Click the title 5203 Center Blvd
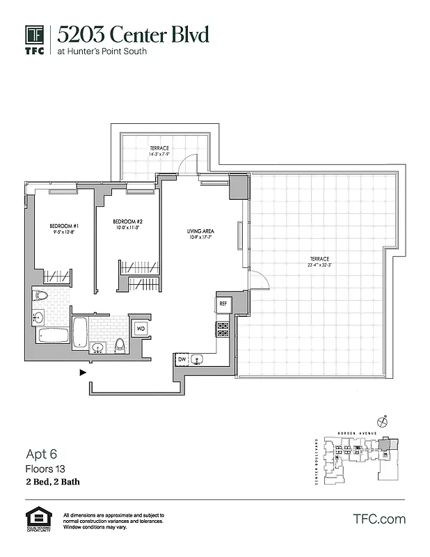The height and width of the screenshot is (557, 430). pyautogui.click(x=132, y=34)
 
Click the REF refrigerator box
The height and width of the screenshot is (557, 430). pyautogui.click(x=223, y=304)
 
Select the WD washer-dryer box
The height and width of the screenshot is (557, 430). pyautogui.click(x=140, y=328)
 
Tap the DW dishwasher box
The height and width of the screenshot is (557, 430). pyautogui.click(x=182, y=359)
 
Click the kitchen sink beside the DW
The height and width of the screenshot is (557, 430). pyautogui.click(x=200, y=359)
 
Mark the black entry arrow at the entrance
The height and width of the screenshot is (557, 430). pyautogui.click(x=83, y=372)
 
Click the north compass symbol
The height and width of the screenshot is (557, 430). pyautogui.click(x=382, y=421)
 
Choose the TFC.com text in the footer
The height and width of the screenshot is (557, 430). pyautogui.click(x=379, y=519)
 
